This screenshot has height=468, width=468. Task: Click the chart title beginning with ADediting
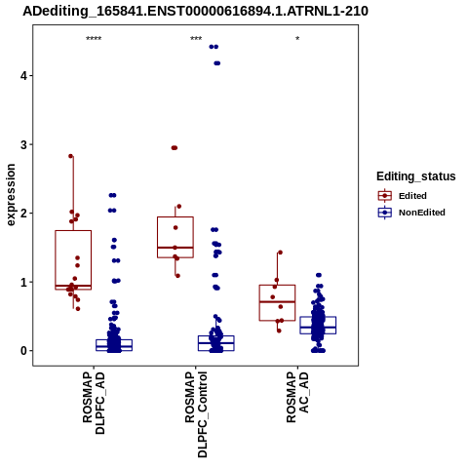pyautogui.click(x=195, y=12)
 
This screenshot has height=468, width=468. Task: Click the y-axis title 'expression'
pyautogui.click(x=11, y=195)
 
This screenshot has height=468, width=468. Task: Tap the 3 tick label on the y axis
pyautogui.click(x=23, y=144)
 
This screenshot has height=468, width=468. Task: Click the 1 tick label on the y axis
pyautogui.click(x=23, y=282)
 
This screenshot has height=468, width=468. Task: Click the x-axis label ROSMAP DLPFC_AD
pyautogui.click(x=94, y=403)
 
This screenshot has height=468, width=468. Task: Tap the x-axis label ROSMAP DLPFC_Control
pyautogui.click(x=196, y=414)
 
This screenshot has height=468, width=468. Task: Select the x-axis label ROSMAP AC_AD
pyautogui.click(x=297, y=397)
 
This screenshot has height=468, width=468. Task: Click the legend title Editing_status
pyautogui.click(x=416, y=176)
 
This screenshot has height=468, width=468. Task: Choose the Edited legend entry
pyautogui.click(x=403, y=196)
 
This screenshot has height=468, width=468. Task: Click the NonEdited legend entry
pyautogui.click(x=411, y=213)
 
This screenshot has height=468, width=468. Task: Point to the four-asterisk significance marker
pyautogui.click(x=94, y=39)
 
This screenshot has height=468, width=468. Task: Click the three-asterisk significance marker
pyautogui.click(x=196, y=39)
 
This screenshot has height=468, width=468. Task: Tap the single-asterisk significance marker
pyautogui.click(x=297, y=39)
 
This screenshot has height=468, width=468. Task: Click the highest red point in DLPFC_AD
pyautogui.click(x=71, y=156)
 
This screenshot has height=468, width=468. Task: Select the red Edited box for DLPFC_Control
pyautogui.click(x=175, y=237)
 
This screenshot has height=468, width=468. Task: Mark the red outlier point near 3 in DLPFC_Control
pyautogui.click(x=175, y=148)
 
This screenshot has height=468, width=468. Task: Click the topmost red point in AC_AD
pyautogui.click(x=280, y=253)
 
